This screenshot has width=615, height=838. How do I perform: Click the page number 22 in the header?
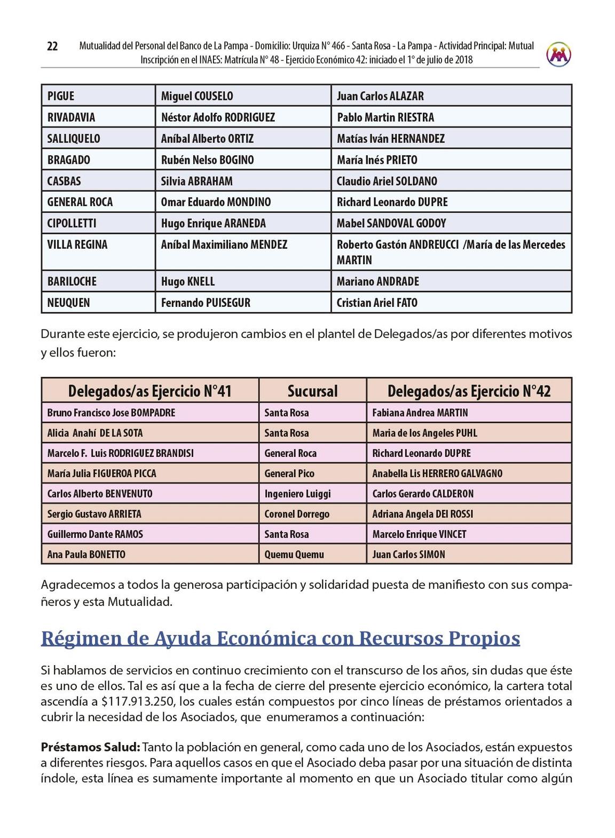coord(52,46)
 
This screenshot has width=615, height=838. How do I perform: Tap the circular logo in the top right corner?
coord(558,54)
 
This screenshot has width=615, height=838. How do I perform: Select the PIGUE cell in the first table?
coord(61,96)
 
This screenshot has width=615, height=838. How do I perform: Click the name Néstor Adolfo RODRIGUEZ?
coord(218,117)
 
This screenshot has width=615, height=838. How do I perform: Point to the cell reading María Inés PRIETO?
coord(377,160)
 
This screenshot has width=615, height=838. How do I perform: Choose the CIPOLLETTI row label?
coord(72,223)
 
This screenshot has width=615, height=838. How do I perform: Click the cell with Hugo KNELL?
coord(188,281)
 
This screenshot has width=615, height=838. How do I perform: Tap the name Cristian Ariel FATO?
coord(377,303)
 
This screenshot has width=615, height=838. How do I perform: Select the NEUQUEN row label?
coord(68,303)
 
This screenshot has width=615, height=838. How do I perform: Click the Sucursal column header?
coord(312,391)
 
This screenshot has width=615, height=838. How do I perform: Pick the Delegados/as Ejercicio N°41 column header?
coord(150,391)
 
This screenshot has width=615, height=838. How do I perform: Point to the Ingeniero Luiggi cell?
coord(297,494)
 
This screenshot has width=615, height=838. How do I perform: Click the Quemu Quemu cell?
coord(294,555)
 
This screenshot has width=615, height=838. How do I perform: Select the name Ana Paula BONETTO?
coord(86,555)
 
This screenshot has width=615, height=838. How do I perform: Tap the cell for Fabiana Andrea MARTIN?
coord(420,413)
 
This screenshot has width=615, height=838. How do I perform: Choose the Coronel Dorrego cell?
coord(297,514)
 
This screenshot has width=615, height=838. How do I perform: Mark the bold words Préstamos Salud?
coord(90,747)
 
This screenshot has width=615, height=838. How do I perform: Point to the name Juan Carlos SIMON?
coord(408,555)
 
